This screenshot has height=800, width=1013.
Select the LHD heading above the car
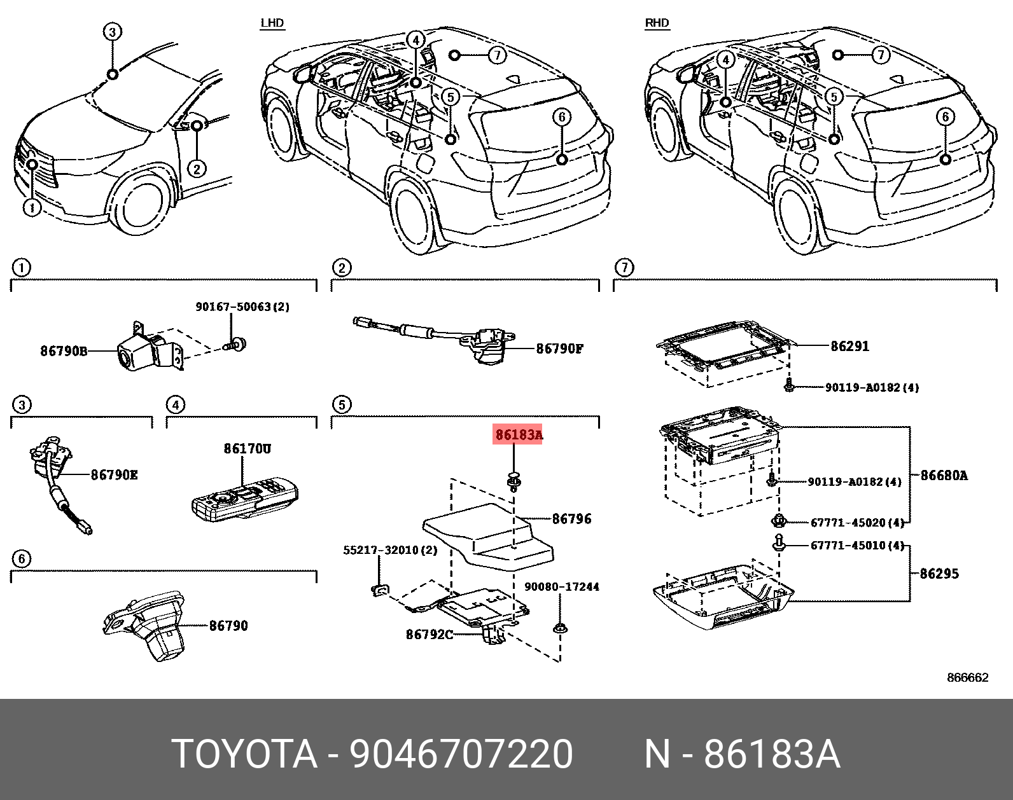point(272,24)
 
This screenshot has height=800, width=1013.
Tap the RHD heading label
point(657,24)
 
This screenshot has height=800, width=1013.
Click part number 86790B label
point(64,350)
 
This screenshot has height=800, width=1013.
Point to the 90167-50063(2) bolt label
point(242,307)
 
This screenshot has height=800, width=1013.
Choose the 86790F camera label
point(559,348)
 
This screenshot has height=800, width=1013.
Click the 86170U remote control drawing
point(244,500)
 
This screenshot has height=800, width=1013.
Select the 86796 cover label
point(571,519)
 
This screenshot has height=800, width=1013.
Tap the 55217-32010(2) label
point(390,550)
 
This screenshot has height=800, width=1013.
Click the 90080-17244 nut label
point(561,586)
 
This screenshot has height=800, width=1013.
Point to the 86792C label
point(430,634)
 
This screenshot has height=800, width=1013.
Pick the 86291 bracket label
point(849,347)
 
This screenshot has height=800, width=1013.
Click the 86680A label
point(944,475)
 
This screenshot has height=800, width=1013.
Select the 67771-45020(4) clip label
point(857,523)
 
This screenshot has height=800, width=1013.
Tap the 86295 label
point(939,574)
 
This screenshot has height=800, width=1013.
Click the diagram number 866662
point(967,678)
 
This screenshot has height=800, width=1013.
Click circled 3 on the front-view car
point(112,32)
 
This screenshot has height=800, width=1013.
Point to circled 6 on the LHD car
point(562,116)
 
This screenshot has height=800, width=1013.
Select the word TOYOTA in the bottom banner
point(244,755)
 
